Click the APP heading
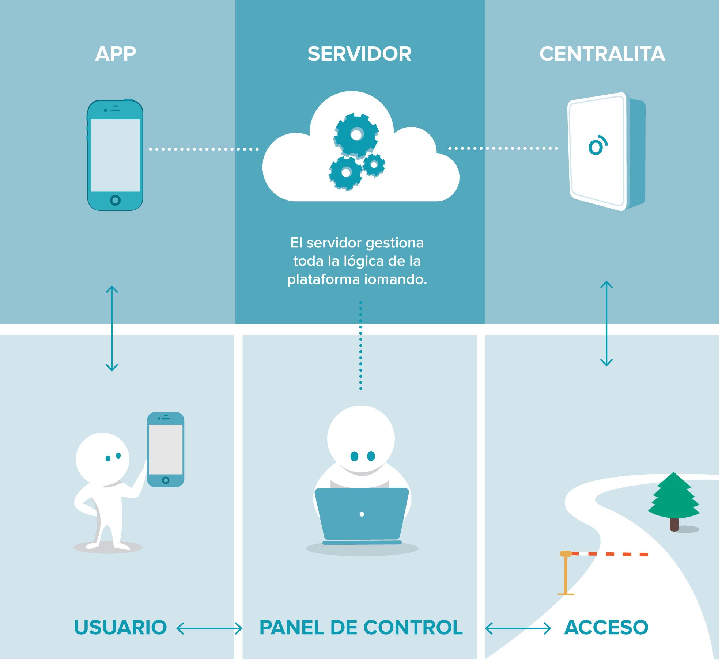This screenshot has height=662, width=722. click(x=116, y=54)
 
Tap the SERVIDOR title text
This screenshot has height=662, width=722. click(x=359, y=54)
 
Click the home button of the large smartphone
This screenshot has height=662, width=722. click(x=115, y=200)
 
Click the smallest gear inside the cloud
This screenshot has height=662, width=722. click(x=374, y=165)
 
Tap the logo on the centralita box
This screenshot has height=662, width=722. click(x=597, y=146)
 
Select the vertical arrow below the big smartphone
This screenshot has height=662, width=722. click(x=112, y=328)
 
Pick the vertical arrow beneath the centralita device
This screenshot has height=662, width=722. click(x=606, y=323)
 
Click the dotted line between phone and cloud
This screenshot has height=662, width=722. click(x=204, y=149)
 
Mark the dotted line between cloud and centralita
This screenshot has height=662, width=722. click(x=503, y=148)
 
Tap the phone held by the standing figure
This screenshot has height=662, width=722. click(x=166, y=449)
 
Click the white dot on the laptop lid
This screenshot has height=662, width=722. click(x=362, y=514)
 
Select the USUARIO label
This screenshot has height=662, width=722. click(x=120, y=628)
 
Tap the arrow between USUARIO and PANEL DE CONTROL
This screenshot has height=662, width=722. click(x=209, y=628)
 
